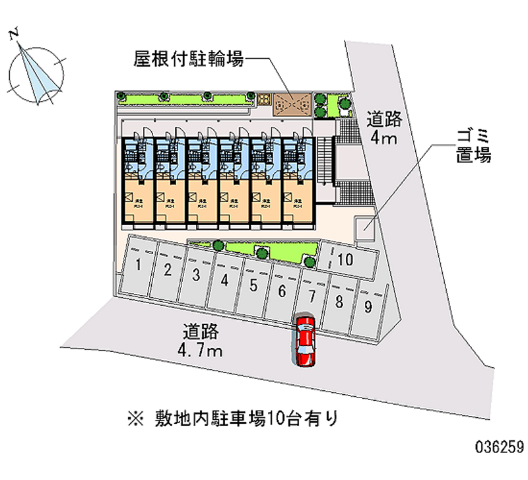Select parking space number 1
pyautogui.click(x=139, y=266)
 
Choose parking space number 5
pyautogui.click(x=253, y=285)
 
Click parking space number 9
pyautogui.click(x=367, y=306)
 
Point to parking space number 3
pyautogui.click(x=196, y=275)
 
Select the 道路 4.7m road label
pyautogui.click(x=202, y=340)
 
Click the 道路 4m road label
pyautogui.click(x=383, y=128)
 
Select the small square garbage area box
pyautogui.click(x=365, y=228)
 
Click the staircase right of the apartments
pyautogui.click(x=323, y=162)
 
